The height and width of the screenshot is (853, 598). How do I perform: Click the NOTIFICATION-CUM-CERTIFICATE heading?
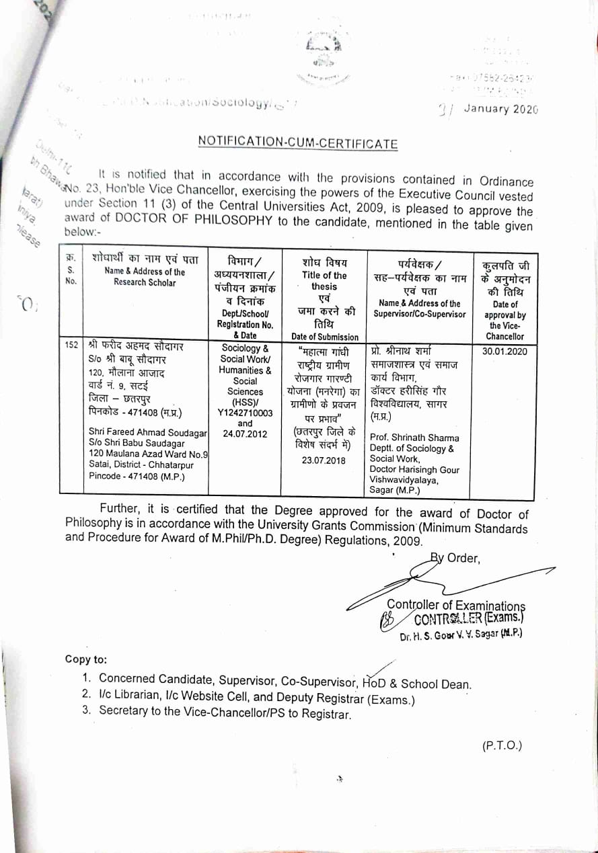point(297,143)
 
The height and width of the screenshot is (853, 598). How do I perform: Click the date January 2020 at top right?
point(500,110)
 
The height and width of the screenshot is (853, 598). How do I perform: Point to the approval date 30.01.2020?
point(504,351)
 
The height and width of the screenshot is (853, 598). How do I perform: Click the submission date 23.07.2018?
point(324,460)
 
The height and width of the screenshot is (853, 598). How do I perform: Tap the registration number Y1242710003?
point(245,413)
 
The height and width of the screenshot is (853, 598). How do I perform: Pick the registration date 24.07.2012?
point(245,434)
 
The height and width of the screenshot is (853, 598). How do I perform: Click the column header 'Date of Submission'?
point(325,337)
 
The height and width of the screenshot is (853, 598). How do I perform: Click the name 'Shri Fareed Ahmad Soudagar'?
point(148,432)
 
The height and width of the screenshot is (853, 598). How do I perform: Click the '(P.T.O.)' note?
point(502,745)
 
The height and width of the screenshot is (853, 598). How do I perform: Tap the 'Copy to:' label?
point(85,659)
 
